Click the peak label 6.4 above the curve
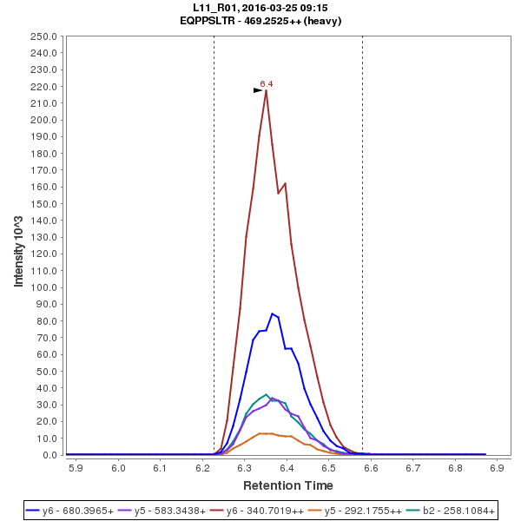267,83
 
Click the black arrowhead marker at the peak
258,89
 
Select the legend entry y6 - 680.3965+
79,511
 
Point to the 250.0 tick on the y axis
44,36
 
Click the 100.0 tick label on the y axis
44,287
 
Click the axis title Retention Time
287,485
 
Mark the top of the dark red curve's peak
266,90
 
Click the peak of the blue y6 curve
273,313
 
